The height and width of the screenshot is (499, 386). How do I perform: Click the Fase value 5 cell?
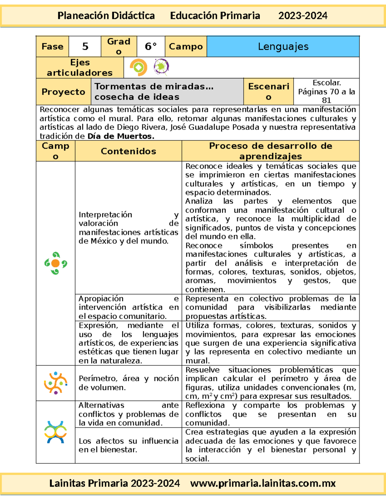(85, 47)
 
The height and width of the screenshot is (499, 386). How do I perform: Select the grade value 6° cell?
(151, 47)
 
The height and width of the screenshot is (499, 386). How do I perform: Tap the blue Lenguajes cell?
(283, 47)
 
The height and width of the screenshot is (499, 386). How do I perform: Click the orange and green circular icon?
(139, 67)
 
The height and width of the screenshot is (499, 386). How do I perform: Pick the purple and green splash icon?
(161, 67)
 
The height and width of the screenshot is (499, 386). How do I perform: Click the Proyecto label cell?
(63, 92)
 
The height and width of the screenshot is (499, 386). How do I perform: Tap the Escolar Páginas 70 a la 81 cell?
(326, 92)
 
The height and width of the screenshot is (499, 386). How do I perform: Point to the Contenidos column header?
(128, 151)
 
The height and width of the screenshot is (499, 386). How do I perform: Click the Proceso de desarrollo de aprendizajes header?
(271, 151)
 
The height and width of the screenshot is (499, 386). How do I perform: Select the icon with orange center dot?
(55, 263)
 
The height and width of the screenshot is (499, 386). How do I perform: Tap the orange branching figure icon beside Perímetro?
(56, 383)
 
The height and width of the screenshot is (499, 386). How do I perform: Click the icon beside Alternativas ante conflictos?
(56, 432)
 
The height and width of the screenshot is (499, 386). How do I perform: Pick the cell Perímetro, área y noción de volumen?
(128, 383)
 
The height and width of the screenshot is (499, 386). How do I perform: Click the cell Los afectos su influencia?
(128, 445)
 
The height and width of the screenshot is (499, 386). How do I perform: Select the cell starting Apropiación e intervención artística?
(128, 307)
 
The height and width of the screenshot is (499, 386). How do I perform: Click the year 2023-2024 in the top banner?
(303, 15)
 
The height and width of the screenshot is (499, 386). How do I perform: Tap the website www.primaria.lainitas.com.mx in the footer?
(263, 483)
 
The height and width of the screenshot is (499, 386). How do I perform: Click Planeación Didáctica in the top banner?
(106, 15)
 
